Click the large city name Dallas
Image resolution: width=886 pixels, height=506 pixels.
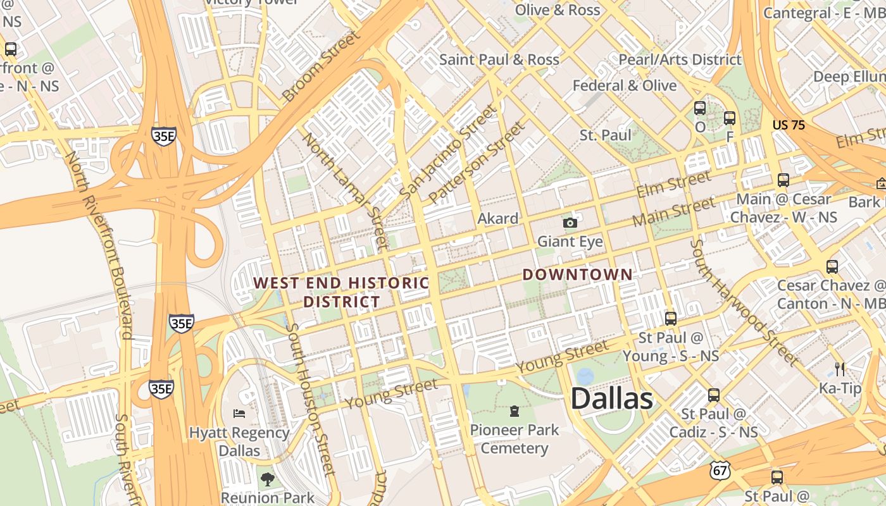coord(611,399)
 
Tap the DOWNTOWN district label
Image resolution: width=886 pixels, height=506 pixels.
coord(577,275)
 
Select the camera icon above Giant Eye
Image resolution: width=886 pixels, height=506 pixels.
coord(570,223)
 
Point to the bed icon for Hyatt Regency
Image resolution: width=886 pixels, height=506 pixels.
coord(239,414)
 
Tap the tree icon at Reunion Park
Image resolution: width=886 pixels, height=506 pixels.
coord(268,479)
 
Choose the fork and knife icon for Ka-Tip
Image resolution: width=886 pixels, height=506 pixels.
coord(840,369)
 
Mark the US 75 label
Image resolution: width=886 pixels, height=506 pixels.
coord(789,125)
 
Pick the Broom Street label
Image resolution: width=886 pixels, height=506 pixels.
coord(321,66)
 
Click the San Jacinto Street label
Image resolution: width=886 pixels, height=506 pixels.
coord(449,152)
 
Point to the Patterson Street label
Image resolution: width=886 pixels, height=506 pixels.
coord(477,163)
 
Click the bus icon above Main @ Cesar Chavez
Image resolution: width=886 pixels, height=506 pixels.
coord(783,180)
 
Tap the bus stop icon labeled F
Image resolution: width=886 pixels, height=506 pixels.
coord(730,118)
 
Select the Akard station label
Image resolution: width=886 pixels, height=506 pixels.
coord(498,219)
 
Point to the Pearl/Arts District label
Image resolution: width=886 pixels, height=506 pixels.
coord(680,59)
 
